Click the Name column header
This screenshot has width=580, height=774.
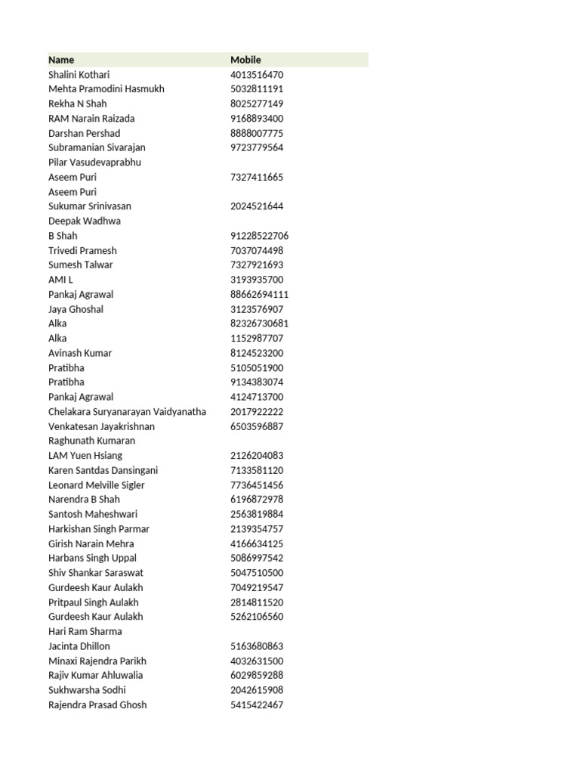tap(61, 60)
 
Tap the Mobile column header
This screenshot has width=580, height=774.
tap(245, 60)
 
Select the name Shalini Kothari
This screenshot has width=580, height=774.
tap(79, 75)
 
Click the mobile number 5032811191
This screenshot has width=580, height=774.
tap(257, 89)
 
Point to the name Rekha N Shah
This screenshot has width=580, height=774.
tap(77, 104)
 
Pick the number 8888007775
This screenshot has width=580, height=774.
tap(257, 133)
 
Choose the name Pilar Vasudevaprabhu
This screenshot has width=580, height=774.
tap(94, 163)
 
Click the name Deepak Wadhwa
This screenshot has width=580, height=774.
tap(84, 221)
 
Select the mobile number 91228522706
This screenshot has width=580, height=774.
tap(259, 236)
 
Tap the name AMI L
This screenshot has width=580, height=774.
tap(60, 280)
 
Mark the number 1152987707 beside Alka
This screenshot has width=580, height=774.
tap(257, 338)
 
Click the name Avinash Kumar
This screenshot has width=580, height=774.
tap(79, 353)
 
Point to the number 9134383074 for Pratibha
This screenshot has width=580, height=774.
tap(257, 382)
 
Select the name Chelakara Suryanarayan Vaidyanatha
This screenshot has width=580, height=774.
tap(127, 411)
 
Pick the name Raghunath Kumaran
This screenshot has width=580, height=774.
tap(91, 441)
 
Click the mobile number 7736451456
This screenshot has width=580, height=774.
tap(257, 485)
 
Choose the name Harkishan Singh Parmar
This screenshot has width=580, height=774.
tap(98, 529)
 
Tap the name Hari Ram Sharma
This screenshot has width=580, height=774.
tap(85, 631)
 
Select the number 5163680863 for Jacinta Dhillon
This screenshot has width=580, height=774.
tap(257, 646)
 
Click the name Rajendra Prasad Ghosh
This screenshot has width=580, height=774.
tap(97, 704)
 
